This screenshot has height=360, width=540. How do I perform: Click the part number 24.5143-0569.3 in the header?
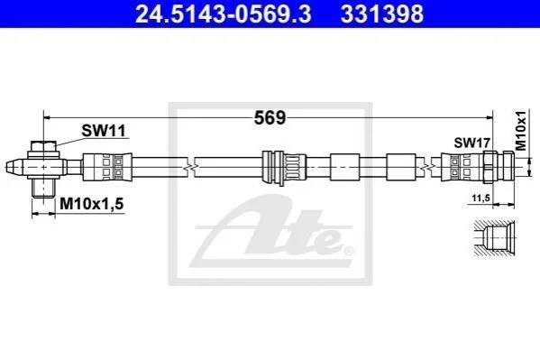(x=224, y=14)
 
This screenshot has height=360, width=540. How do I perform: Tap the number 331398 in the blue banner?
(x=382, y=14)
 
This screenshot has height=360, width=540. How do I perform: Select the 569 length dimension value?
(x=270, y=118)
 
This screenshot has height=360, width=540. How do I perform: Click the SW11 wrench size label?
(x=104, y=131)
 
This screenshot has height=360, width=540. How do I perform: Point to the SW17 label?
(x=471, y=143)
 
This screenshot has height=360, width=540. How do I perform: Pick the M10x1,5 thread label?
(x=92, y=204)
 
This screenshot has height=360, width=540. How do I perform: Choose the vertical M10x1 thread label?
(x=521, y=131)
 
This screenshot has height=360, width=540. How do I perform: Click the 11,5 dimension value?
(x=481, y=198)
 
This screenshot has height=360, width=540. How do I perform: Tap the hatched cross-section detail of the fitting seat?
(x=495, y=238)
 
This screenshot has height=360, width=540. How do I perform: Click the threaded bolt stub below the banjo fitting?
(x=43, y=188)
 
